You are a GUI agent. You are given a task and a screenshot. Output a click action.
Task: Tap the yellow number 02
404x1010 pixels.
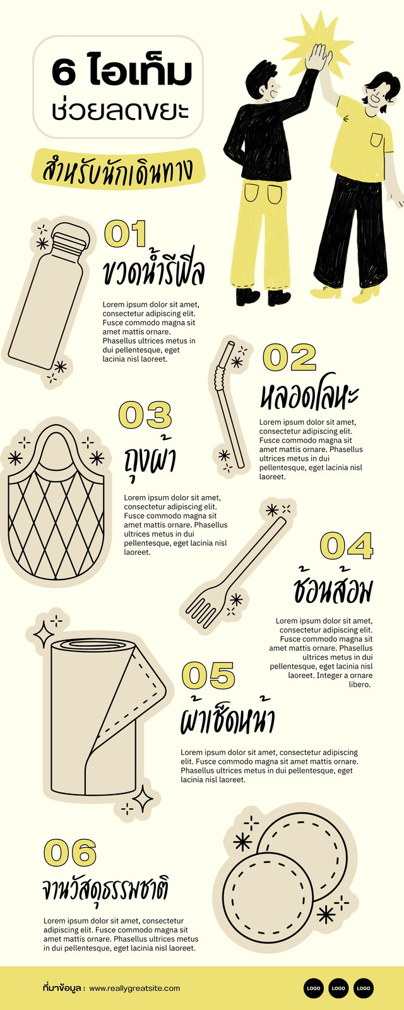tap(290, 357)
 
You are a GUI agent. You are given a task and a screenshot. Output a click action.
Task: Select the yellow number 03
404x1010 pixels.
tap(145, 415)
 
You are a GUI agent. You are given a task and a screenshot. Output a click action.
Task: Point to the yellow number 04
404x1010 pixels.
tap(347, 545)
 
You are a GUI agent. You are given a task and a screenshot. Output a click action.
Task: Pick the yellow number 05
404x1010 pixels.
tap(209, 675)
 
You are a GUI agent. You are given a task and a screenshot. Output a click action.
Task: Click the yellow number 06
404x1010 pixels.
tap(70, 852)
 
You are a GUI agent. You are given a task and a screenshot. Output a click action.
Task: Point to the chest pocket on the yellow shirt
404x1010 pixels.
tap(376, 140)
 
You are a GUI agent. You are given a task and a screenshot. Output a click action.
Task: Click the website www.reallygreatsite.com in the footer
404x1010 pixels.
tap(134, 988)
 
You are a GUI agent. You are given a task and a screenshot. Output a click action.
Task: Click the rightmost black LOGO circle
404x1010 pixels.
tap(364, 988)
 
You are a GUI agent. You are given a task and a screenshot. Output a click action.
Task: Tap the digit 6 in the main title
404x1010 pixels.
tap(64, 73)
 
